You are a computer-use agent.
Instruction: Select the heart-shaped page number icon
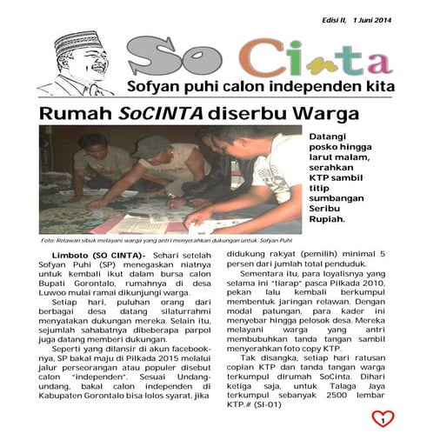(383, 418)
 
